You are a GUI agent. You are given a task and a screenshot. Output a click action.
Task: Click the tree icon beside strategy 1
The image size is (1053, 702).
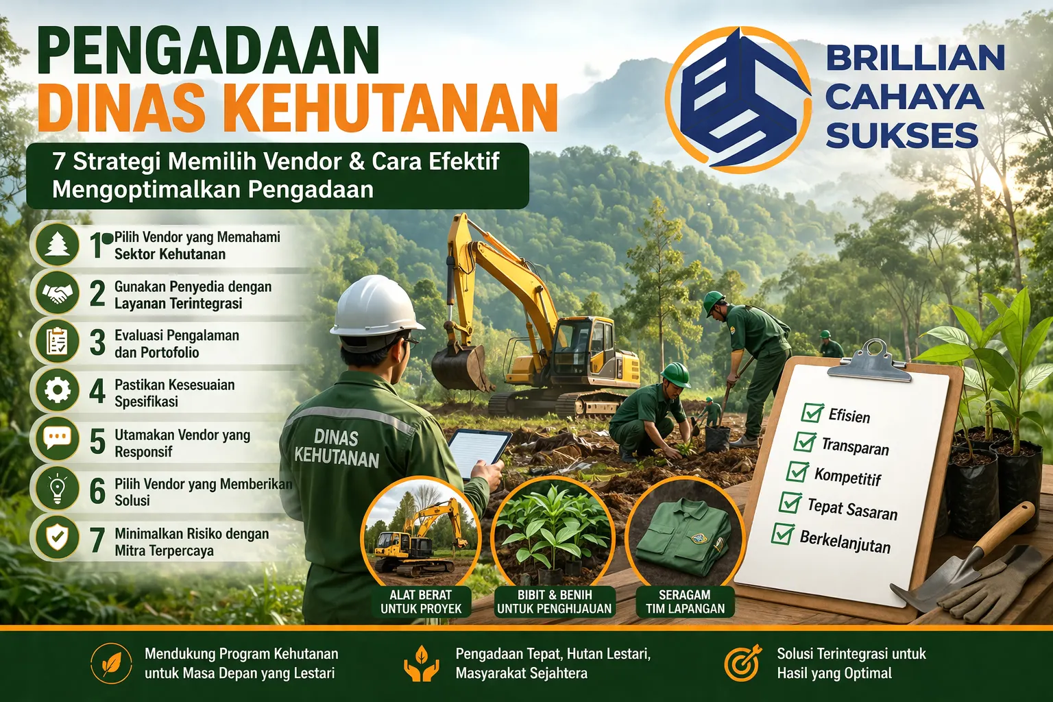coord(58,244)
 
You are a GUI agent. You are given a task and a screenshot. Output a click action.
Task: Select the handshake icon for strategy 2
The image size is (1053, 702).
coord(58,293)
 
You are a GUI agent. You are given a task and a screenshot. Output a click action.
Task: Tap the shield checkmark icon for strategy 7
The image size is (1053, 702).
coord(58,539)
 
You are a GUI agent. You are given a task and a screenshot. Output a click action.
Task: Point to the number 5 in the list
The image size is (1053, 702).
coord(97,442)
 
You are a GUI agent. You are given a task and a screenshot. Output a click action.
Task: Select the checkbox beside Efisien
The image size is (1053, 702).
coord(812,413)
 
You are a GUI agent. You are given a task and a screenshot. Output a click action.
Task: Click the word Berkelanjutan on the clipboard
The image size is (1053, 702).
coord(845,541)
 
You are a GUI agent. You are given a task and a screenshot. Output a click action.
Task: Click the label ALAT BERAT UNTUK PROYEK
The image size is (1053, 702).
coord(421,602)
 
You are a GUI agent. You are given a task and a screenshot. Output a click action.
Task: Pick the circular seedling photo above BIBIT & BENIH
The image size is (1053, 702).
coord(554,532)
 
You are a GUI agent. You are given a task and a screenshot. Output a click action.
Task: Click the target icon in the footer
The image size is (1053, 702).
coord(742,663)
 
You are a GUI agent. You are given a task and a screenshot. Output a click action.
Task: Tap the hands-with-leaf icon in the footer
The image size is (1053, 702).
coord(421,663)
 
